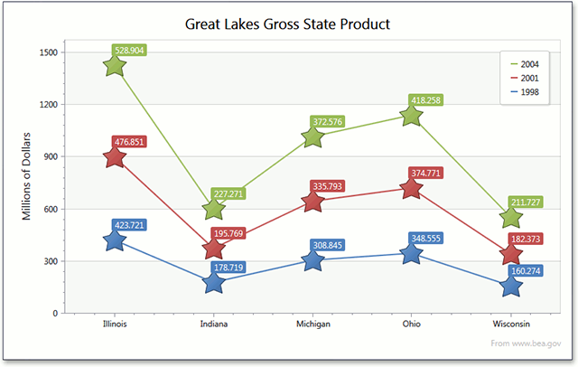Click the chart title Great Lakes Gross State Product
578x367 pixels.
(287, 24)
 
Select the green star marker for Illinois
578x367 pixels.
(114, 66)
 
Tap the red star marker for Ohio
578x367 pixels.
(412, 188)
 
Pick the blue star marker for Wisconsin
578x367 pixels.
(511, 286)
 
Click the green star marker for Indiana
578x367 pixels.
(214, 209)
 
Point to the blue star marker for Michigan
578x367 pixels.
(313, 260)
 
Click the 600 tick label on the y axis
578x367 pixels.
(51, 209)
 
